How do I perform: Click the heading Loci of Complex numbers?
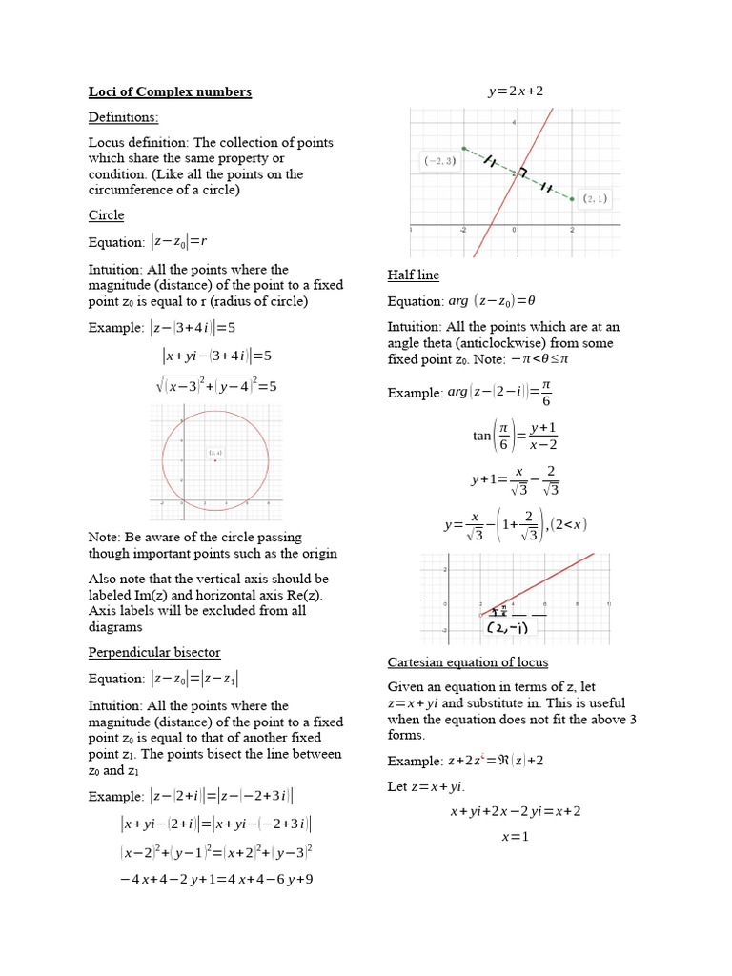click(x=170, y=92)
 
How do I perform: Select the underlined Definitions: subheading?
click(x=123, y=117)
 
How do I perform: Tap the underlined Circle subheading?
click(x=106, y=215)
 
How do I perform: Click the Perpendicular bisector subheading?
click(x=153, y=652)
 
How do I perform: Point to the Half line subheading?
click(x=413, y=275)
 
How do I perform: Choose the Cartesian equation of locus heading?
click(x=467, y=662)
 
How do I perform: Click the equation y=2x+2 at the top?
click(x=516, y=91)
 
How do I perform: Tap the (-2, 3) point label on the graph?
click(x=440, y=162)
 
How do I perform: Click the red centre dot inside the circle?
click(x=215, y=460)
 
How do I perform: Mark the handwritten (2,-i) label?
click(x=508, y=629)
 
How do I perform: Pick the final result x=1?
click(x=515, y=837)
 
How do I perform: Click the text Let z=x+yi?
click(x=425, y=786)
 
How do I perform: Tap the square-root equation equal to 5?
click(x=215, y=386)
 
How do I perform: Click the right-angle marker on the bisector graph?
click(x=521, y=173)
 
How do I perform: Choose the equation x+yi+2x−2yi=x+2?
click(x=515, y=812)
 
